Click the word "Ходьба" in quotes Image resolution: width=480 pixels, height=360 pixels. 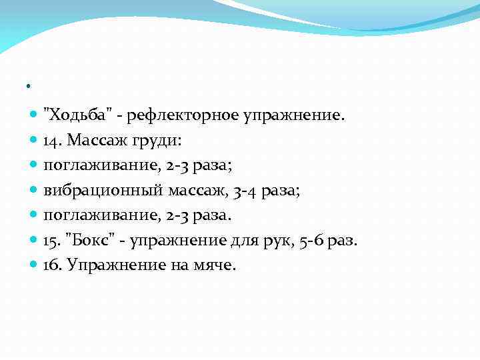74,116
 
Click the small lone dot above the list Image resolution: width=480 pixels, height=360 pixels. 29,87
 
